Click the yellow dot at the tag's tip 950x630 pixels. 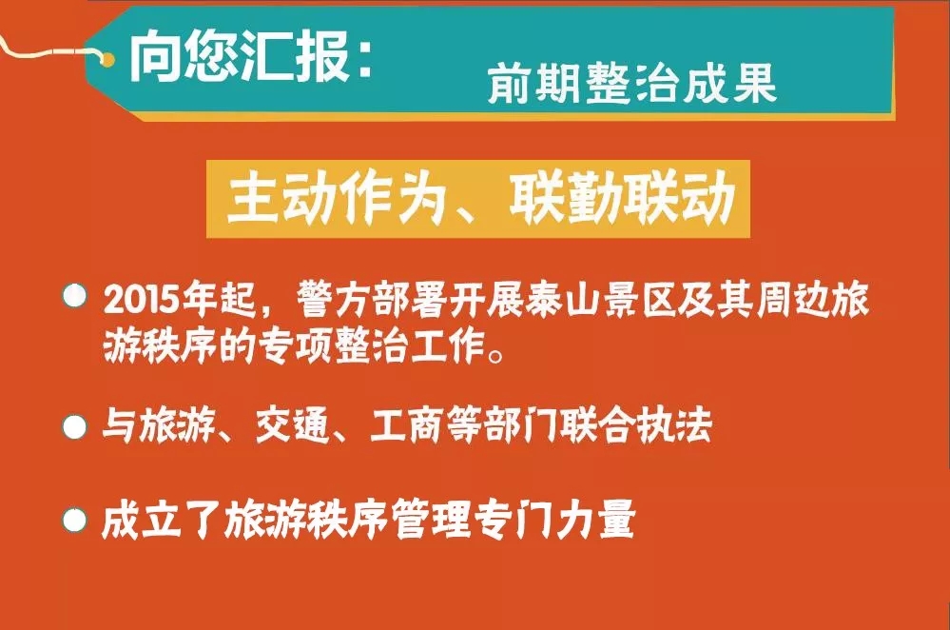click(x=107, y=59)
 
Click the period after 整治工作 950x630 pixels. click(x=495, y=355)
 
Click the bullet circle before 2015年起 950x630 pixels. click(x=75, y=295)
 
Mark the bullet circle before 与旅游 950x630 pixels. click(x=75, y=427)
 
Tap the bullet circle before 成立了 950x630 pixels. click(x=75, y=521)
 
